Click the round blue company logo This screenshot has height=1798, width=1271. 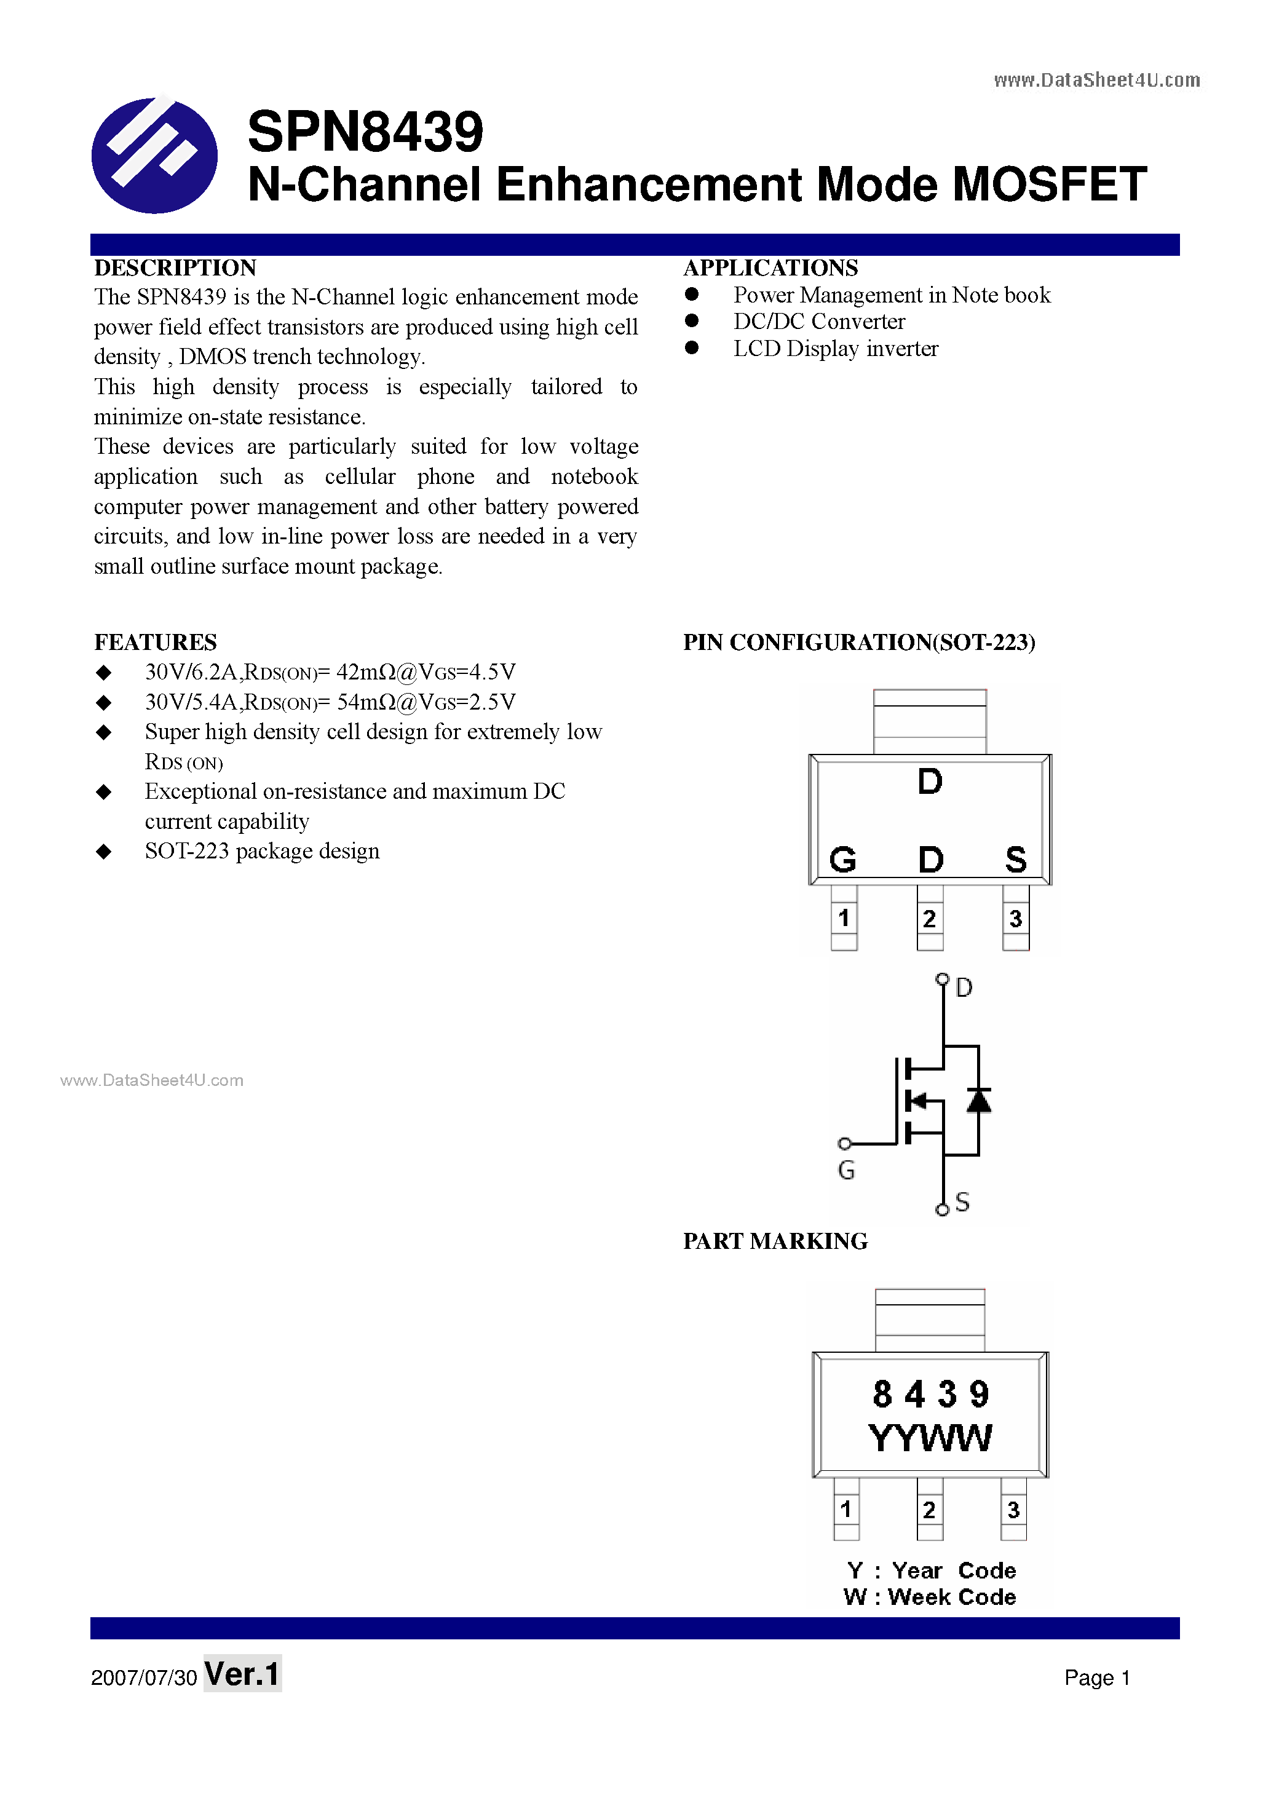(154, 155)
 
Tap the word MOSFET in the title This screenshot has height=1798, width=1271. (1050, 185)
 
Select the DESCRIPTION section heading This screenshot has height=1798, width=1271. (175, 268)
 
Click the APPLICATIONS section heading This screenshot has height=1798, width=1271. (770, 268)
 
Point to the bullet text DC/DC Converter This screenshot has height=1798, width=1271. (818, 322)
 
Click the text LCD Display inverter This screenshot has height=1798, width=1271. (835, 349)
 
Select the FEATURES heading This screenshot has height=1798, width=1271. (155, 642)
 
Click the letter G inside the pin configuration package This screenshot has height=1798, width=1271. (842, 860)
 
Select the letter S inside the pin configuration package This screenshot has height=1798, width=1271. (1016, 860)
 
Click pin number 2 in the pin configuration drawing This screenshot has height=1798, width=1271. (930, 919)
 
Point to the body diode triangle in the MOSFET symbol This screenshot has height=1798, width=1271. (978, 1100)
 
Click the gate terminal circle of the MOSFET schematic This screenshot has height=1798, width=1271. (844, 1143)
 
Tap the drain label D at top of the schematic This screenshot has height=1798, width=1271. (964, 988)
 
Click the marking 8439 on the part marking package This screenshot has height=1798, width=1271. (930, 1395)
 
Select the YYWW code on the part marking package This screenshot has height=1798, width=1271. (930, 1438)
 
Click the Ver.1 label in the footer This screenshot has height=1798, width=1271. (242, 1674)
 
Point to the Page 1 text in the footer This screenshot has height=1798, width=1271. (1096, 1677)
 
